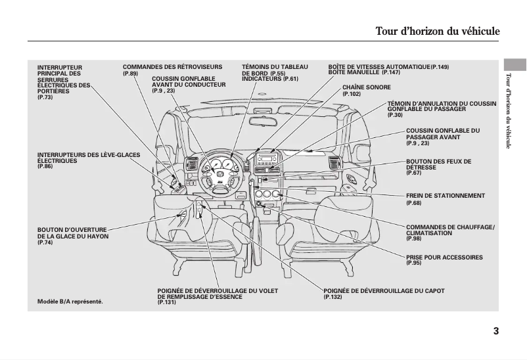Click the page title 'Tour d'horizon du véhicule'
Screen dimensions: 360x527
437,32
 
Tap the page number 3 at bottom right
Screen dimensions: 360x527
495,330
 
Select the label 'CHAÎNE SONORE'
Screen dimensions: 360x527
366,87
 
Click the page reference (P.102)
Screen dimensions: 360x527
352,94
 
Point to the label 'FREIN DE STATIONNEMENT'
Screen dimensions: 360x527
445,196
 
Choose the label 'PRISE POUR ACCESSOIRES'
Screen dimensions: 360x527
444,258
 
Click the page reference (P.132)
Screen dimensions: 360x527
332,298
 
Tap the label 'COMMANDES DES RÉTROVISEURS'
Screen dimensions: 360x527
172,67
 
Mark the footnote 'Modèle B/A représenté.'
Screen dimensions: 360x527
70,302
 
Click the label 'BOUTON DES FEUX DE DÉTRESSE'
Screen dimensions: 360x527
438,164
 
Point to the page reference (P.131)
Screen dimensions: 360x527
167,302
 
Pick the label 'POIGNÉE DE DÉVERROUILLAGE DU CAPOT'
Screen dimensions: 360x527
384,290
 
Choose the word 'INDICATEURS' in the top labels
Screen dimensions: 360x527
262,79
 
